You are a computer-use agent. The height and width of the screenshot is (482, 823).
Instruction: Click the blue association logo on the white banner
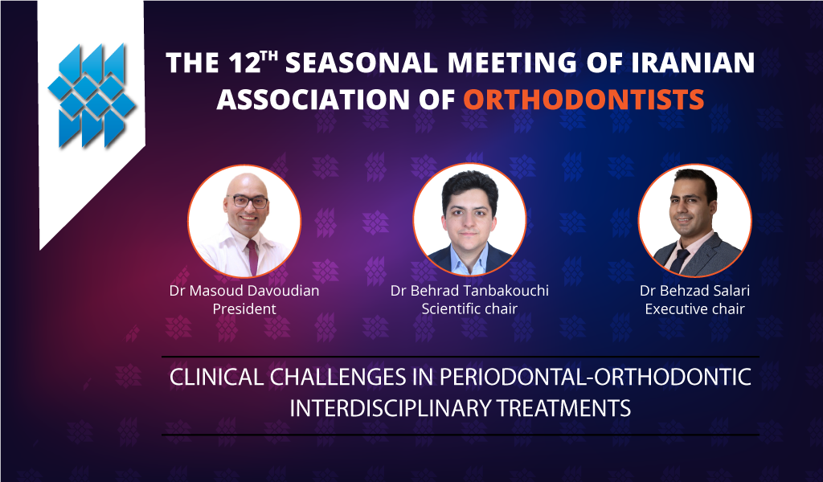[92, 96]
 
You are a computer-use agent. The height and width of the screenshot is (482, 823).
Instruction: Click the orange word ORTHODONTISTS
[583, 100]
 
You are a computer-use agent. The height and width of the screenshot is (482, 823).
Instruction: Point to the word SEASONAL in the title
[362, 63]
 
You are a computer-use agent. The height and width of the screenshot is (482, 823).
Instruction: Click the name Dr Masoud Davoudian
[244, 291]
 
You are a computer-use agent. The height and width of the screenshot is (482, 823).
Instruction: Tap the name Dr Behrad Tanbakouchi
[469, 291]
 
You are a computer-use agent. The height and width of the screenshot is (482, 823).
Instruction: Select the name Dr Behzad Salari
[694, 291]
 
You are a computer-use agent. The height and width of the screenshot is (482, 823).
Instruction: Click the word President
[244, 309]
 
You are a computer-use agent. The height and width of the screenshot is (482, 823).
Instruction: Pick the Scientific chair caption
[469, 309]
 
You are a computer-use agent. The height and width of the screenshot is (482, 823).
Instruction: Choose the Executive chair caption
[694, 309]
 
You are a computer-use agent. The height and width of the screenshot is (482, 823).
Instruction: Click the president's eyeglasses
[248, 202]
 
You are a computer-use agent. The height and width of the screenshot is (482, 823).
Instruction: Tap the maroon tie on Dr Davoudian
[252, 256]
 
